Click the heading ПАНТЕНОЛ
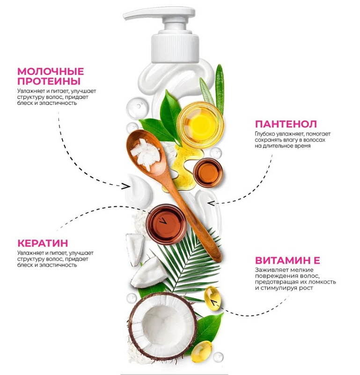point(286,124)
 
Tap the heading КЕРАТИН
point(43,243)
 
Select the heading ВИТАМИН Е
point(287,260)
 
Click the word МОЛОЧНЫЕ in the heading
point(51,72)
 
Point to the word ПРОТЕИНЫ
point(49,81)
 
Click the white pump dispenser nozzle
point(159,15)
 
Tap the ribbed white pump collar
point(175,49)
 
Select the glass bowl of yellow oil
point(200,124)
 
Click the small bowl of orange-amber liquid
point(207,172)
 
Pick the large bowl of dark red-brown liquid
point(166,225)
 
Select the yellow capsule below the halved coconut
point(201,352)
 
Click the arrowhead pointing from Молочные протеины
point(125,186)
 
